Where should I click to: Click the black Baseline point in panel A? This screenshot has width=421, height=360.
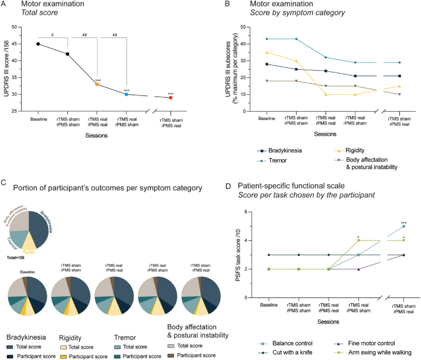click(x=38, y=44)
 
